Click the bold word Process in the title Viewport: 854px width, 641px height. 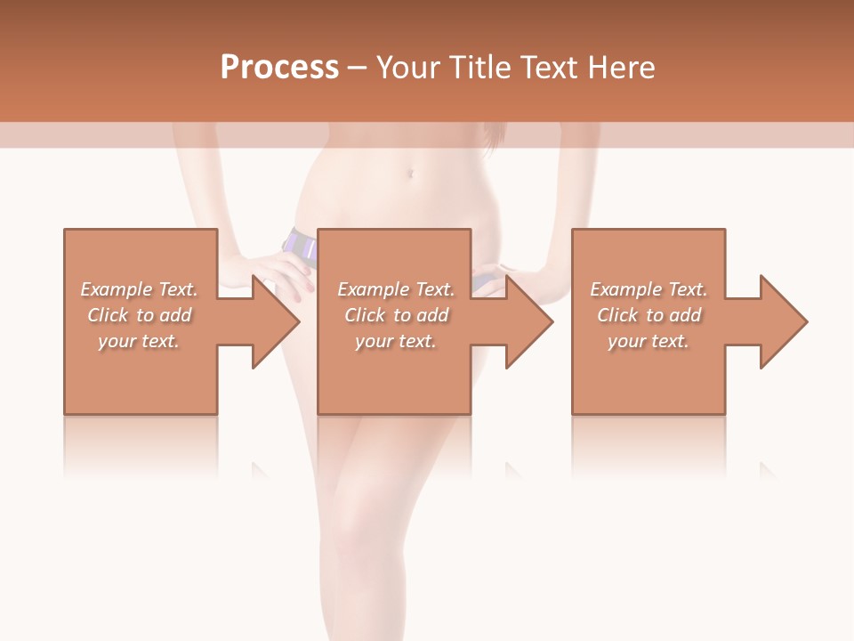point(279,68)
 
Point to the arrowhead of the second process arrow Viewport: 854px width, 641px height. point(528,321)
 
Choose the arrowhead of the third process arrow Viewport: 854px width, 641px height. point(782,321)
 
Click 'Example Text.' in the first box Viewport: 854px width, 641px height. point(139,289)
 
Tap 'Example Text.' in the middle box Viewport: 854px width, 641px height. point(396,289)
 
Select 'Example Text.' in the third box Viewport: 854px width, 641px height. point(649,289)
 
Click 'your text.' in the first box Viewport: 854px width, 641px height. point(139,341)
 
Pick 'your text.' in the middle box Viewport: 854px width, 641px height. point(396,341)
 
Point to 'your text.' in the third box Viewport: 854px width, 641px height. point(649,341)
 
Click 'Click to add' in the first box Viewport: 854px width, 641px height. point(139,315)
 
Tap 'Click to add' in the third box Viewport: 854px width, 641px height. point(649,315)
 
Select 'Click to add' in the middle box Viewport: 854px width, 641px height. point(396,315)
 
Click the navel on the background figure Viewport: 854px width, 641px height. point(410,172)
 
